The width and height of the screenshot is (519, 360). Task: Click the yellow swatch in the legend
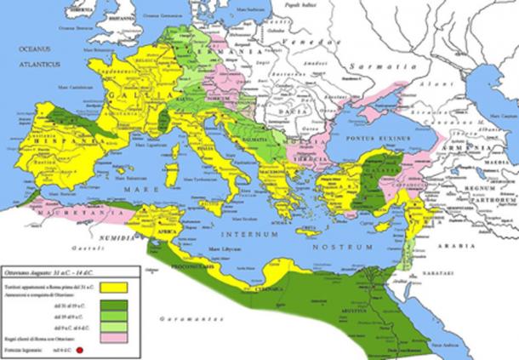coord(111,288)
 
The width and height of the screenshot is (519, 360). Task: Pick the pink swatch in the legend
coord(111,337)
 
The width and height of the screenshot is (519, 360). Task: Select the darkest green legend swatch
coord(111,304)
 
